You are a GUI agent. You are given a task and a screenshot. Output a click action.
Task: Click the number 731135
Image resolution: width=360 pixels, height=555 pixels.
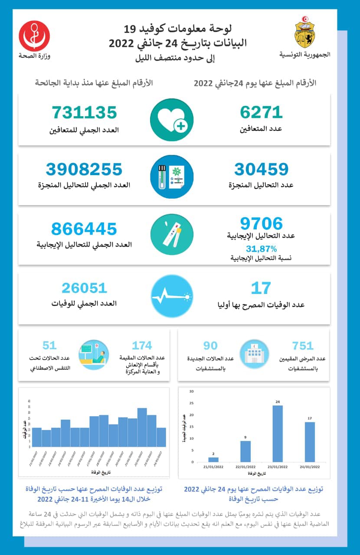click(85, 112)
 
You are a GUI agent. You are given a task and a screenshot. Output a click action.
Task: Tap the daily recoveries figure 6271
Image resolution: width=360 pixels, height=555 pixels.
click(261, 112)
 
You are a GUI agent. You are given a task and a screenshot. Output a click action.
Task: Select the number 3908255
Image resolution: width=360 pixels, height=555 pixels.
click(84, 169)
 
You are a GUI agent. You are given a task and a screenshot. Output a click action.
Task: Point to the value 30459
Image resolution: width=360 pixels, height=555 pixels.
click(261, 169)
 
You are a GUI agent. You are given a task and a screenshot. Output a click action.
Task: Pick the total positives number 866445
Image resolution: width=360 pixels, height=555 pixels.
click(84, 229)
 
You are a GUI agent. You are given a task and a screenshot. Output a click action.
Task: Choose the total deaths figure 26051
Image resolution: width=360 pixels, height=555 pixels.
click(84, 288)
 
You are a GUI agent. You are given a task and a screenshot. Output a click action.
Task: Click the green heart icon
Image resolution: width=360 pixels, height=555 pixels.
click(172, 120)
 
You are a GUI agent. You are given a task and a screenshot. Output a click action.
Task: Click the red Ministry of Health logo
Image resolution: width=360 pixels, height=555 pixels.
click(34, 36)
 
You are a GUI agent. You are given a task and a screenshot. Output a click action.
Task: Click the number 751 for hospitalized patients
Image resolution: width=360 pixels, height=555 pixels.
click(303, 346)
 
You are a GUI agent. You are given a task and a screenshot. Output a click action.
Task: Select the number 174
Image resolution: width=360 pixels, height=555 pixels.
click(142, 346)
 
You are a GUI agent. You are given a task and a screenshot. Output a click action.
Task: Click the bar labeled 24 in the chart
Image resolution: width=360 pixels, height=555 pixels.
click(278, 434)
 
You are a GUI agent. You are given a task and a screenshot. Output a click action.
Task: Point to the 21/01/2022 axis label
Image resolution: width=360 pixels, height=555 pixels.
click(213, 467)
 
